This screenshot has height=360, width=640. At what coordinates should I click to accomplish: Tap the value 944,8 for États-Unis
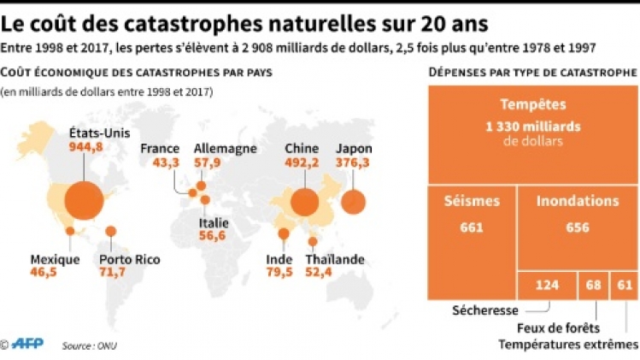point(85,146)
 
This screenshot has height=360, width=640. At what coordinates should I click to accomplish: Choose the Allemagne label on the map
point(226,148)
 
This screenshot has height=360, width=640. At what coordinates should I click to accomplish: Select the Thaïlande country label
point(336,260)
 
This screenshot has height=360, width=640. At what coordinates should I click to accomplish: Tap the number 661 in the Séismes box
point(472,227)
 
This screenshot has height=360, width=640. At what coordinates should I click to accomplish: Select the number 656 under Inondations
point(578,227)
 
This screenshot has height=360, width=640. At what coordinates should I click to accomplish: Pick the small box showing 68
point(592,286)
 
